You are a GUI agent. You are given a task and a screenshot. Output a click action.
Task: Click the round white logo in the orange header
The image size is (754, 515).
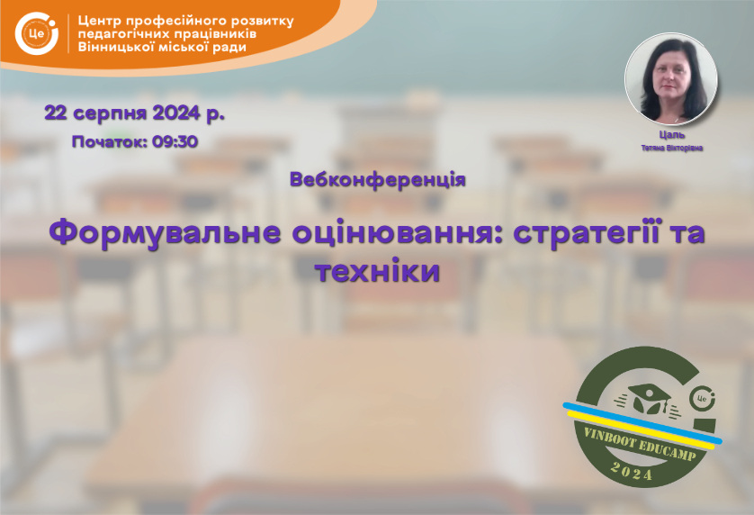pyautogui.click(x=37, y=32)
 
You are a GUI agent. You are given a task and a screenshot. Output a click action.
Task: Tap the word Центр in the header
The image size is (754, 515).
pyautogui.click(x=99, y=22)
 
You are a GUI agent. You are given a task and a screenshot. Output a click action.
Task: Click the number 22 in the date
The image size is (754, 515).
pyautogui.click(x=55, y=113)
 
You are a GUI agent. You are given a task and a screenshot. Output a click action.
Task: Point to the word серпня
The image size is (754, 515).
pyautogui.click(x=110, y=114)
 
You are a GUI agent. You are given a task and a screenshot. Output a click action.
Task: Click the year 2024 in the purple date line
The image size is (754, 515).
pyautogui.click(x=176, y=113)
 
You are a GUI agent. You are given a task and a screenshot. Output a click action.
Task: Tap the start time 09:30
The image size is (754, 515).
pyautogui.click(x=175, y=142)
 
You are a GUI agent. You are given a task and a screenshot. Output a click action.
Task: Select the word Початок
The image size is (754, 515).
pyautogui.click(x=109, y=142)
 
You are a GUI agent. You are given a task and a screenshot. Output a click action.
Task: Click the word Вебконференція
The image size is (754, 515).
pyautogui.click(x=378, y=179)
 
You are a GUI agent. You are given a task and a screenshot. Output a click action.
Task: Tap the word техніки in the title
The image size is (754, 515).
pyautogui.click(x=378, y=271)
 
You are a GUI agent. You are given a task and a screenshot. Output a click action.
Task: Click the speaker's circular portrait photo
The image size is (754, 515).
pyautogui.click(x=671, y=78)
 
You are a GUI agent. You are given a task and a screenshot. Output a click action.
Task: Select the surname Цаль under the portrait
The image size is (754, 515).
pyautogui.click(x=672, y=135)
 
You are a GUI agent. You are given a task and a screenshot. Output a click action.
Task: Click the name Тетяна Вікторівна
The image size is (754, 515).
pyautogui.click(x=672, y=148)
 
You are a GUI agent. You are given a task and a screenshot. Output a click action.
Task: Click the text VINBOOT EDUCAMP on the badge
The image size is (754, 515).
pyautogui.click(x=640, y=444)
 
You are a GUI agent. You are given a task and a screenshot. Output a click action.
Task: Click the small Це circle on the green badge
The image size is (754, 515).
pyautogui.click(x=702, y=399)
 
